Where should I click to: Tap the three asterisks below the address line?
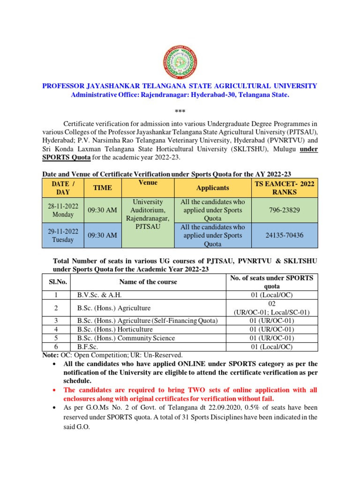[x=180, y=111]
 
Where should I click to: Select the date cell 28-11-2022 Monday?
[x=62, y=210]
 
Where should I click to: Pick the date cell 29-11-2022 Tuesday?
[x=62, y=235]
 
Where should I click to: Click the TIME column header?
[x=102, y=187]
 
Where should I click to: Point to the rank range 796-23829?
[x=282, y=210]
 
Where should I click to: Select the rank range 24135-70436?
[x=282, y=235]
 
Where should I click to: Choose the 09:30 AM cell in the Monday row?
[x=102, y=210]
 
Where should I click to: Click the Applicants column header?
[x=212, y=187]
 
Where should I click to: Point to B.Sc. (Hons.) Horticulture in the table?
[x=114, y=330]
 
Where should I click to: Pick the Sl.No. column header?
[x=56, y=282]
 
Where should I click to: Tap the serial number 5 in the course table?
[x=56, y=338]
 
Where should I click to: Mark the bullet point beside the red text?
[x=56, y=390]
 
